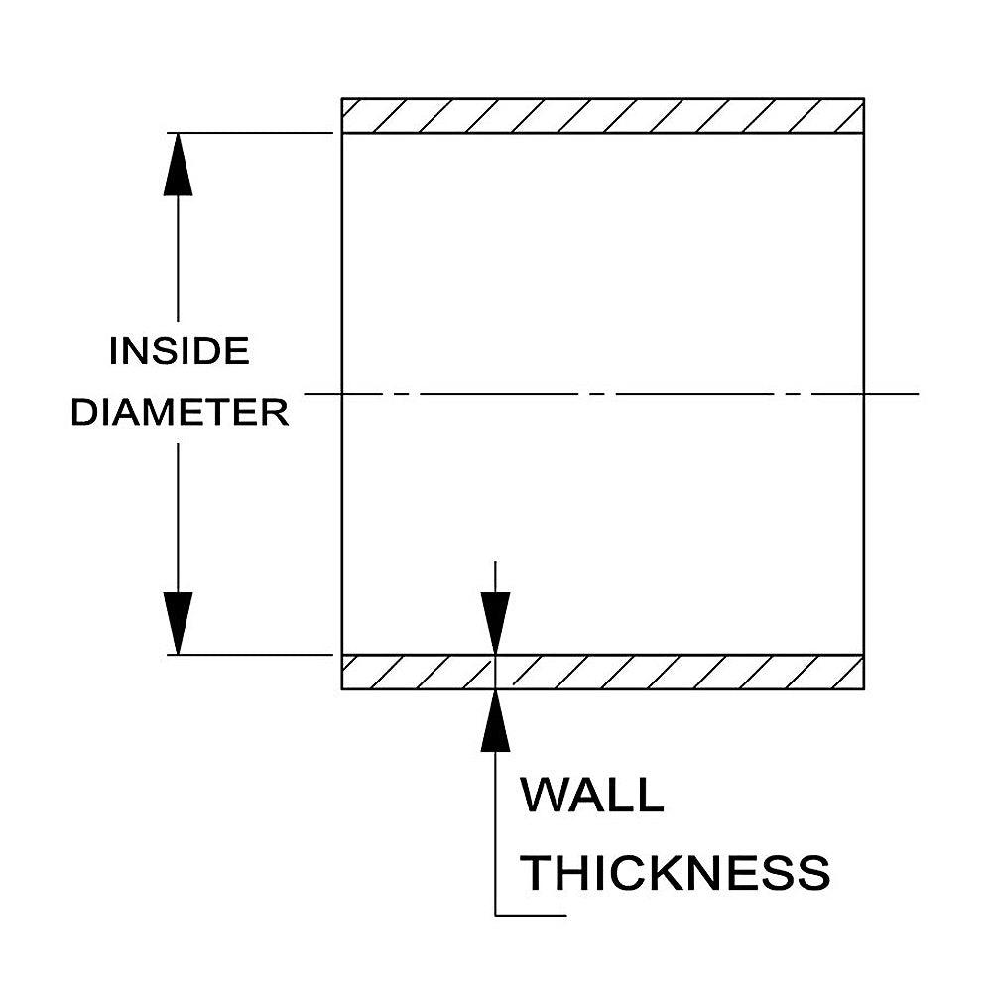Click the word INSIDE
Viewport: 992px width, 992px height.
pyautogui.click(x=179, y=352)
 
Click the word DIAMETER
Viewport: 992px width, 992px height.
pyautogui.click(x=180, y=413)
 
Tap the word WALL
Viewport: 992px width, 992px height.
pyautogui.click(x=592, y=796)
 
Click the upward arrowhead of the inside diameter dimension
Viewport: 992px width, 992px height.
pyautogui.click(x=178, y=165)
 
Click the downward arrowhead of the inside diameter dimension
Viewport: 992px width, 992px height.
pyautogui.click(x=178, y=623)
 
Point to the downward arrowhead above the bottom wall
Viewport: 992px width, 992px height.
pyautogui.click(x=495, y=623)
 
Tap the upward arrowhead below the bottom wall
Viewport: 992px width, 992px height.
pyautogui.click(x=495, y=720)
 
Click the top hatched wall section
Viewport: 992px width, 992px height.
pyautogui.click(x=603, y=116)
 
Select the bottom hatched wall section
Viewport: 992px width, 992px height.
pyautogui.click(x=603, y=672)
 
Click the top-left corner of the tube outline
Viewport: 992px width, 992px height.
pyautogui.click(x=341, y=98)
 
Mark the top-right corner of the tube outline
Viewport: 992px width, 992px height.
pyautogui.click(x=864, y=98)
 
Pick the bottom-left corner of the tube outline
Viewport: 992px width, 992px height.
pyautogui.click(x=341, y=689)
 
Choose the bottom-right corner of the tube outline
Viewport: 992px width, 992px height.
pyautogui.click(x=864, y=689)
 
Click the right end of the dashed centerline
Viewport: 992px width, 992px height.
pyautogui.click(x=919, y=394)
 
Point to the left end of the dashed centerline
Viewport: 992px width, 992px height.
pyautogui.click(x=305, y=394)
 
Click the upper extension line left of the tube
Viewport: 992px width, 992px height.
pyautogui.click(x=250, y=133)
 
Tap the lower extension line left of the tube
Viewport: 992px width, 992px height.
pyautogui.click(x=250, y=655)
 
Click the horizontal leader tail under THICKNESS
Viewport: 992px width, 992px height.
pyautogui.click(x=531, y=915)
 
